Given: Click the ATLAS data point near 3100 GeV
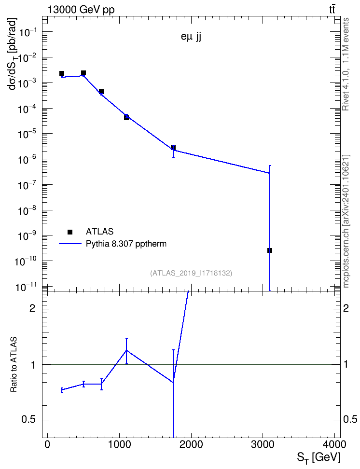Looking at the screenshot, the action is pyautogui.click(x=270, y=250).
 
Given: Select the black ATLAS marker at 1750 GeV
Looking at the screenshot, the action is pyautogui.click(x=173, y=148).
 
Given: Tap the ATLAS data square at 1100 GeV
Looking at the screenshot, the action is pyautogui.click(x=126, y=118).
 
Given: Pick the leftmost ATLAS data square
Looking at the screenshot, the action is pyautogui.click(x=62, y=73).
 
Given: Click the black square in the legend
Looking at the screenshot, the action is pyautogui.click(x=70, y=232).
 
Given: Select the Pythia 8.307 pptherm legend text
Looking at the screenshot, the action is pyautogui.click(x=126, y=244).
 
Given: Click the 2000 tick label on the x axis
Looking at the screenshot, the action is pyautogui.click(x=191, y=444).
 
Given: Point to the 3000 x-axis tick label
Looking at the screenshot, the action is pyautogui.click(x=263, y=444).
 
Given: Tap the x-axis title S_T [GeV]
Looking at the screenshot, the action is pyautogui.click(x=318, y=457).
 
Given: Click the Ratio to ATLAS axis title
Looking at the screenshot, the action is pyautogui.click(x=14, y=364).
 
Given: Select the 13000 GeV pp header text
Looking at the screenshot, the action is pyautogui.click(x=81, y=10).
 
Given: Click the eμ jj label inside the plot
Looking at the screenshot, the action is pyautogui.click(x=191, y=38).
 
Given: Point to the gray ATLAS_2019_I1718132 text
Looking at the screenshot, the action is pyautogui.click(x=191, y=273).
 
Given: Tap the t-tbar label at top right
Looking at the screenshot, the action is pyautogui.click(x=332, y=10).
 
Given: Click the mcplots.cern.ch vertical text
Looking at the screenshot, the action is pyautogui.click(x=346, y=221).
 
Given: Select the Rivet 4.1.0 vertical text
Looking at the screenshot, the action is pyautogui.click(x=346, y=64).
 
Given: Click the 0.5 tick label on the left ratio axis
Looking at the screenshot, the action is pyautogui.click(x=29, y=420).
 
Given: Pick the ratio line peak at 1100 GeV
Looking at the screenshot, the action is pyautogui.click(x=126, y=350).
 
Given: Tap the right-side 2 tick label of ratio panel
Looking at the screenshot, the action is pyautogui.click(x=346, y=308).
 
